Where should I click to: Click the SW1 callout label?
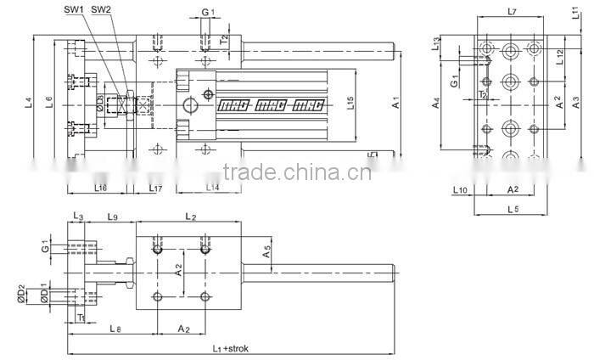(x=73, y=10)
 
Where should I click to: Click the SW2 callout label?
(x=101, y=10)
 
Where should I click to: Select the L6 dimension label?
(x=49, y=103)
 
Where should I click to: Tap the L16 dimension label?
(x=100, y=187)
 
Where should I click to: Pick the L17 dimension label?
(x=155, y=187)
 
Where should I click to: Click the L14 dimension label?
(x=212, y=187)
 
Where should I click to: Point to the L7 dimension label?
(x=511, y=11)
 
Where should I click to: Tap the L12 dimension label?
(x=559, y=56)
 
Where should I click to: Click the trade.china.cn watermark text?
(x=295, y=177)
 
